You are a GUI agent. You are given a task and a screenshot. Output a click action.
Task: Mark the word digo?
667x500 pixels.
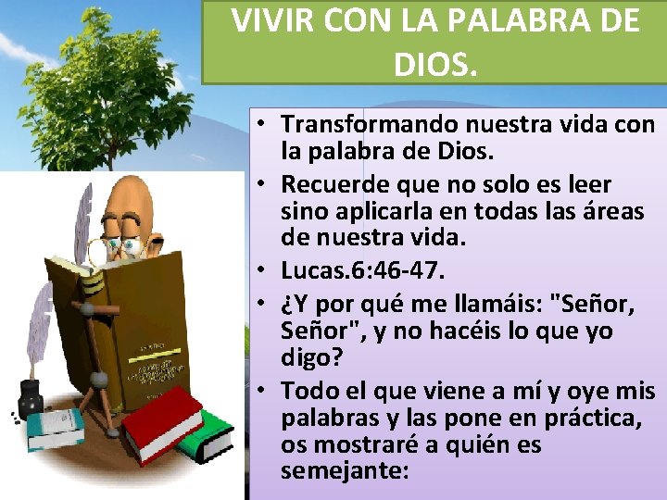tap(308, 359)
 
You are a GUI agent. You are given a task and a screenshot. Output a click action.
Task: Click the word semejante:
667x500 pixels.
tap(345, 471)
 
